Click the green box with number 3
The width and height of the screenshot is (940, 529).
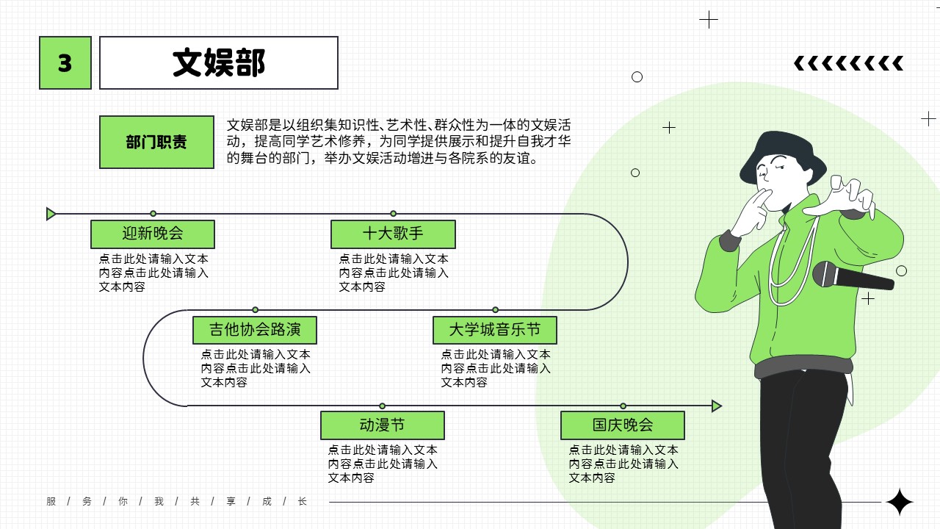65,62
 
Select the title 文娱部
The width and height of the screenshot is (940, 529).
219,62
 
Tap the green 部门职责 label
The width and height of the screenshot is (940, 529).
156,142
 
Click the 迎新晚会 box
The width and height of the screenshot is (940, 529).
153,234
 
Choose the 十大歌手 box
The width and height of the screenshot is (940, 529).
393,234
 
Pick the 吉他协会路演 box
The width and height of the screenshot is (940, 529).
255,330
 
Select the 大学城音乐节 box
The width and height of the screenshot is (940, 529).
495,330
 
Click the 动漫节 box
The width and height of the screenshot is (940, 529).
383,425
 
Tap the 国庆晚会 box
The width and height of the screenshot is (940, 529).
623,425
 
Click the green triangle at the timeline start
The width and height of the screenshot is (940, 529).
51,214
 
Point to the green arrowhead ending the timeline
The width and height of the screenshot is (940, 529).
717,406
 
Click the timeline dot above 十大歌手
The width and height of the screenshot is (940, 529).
393,214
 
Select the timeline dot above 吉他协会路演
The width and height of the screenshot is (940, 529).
255,310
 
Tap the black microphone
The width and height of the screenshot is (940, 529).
853,276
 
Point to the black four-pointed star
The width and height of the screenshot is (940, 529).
900,502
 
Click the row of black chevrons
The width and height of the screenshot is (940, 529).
848,63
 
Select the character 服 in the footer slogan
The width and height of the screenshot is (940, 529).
51,501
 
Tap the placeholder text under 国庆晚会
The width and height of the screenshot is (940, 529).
623,464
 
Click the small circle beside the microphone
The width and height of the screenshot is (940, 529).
901,271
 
